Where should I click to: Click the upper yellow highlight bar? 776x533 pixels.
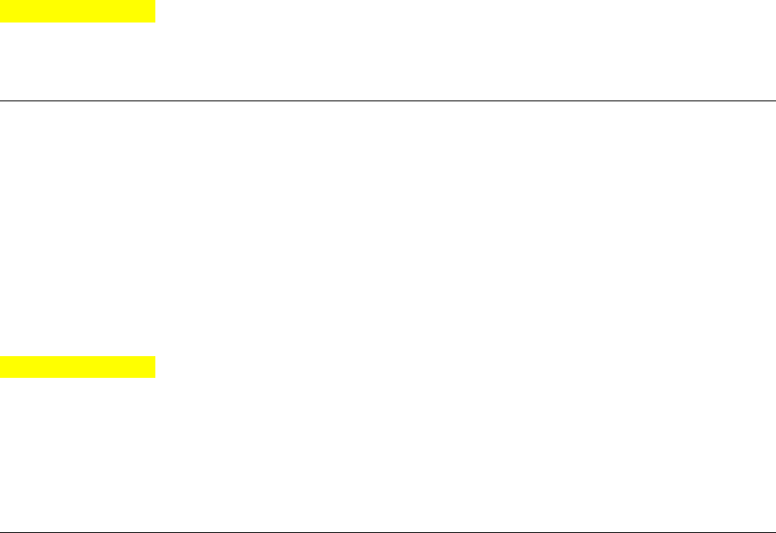(77, 11)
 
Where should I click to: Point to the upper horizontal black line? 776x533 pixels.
(388, 100)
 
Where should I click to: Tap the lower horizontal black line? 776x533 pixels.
(388, 532)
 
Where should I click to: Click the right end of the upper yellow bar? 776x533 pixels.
(154, 11)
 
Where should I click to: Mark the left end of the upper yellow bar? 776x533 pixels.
(1, 11)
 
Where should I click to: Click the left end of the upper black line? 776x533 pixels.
(1, 100)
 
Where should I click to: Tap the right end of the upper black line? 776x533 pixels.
(774, 100)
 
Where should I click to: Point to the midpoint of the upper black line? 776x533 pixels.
(388, 100)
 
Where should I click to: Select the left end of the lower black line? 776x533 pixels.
(1, 532)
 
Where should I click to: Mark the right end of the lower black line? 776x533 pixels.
(774, 532)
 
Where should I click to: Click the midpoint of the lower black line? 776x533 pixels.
(388, 532)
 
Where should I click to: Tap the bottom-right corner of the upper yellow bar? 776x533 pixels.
(154, 22)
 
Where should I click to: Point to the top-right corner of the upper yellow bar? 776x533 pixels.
(154, 1)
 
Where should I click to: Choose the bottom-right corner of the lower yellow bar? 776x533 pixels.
(154, 376)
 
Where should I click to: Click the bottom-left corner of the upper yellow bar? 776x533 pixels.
(1, 22)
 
